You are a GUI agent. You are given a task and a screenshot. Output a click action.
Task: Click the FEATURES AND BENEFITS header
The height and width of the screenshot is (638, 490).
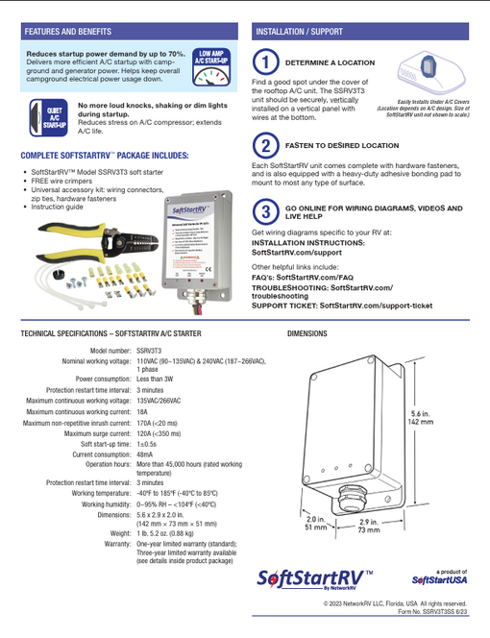(65, 32)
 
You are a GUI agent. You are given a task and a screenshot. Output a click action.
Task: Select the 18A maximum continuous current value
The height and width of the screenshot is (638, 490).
(141, 409)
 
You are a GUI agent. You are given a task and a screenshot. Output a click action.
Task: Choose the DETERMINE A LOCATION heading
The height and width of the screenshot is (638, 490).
(331, 62)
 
